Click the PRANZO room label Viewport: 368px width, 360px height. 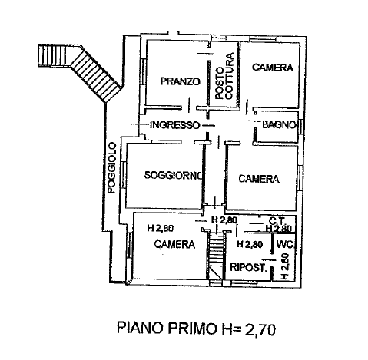pyautogui.click(x=180, y=81)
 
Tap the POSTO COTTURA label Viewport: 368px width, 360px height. pyautogui.click(x=224, y=76)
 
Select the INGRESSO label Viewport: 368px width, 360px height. pyautogui.click(x=174, y=125)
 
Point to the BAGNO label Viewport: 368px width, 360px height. pyautogui.click(x=279, y=124)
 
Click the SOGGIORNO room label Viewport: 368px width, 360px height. pyautogui.click(x=174, y=175)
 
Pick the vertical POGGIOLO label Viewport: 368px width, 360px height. pyautogui.click(x=112, y=167)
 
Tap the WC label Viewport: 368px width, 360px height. pyautogui.click(x=285, y=245)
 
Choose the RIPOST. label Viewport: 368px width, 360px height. pyautogui.click(x=248, y=267)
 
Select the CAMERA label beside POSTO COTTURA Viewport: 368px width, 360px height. pyautogui.click(x=273, y=68)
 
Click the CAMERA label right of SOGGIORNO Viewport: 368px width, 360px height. pyautogui.click(x=259, y=179)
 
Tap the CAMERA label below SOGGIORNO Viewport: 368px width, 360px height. pyautogui.click(x=174, y=244)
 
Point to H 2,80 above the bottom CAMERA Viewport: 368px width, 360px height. pyautogui.click(x=161, y=228)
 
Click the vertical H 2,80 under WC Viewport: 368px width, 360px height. pyautogui.click(x=284, y=266)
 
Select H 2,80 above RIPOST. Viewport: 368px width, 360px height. pyautogui.click(x=250, y=244)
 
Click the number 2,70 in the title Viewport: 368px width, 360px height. pyautogui.click(x=260, y=329)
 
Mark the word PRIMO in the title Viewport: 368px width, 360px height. pyautogui.click(x=192, y=328)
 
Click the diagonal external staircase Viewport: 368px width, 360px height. pyautogui.click(x=95, y=74)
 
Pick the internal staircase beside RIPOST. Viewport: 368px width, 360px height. pyautogui.click(x=216, y=258)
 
